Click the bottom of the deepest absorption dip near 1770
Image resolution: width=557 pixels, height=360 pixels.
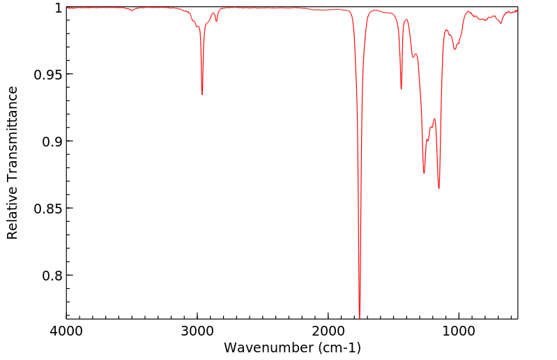coord(360,316)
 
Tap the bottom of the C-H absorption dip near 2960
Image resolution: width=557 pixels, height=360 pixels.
coord(202,94)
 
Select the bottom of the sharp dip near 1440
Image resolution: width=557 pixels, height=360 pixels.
coord(402,89)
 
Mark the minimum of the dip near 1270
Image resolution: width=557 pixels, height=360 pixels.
coord(424,173)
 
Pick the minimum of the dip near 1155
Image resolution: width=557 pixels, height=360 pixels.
coord(438,188)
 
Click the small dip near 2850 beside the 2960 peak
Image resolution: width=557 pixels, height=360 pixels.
coord(216,22)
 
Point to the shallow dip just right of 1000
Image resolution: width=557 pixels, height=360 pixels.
coord(455,49)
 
